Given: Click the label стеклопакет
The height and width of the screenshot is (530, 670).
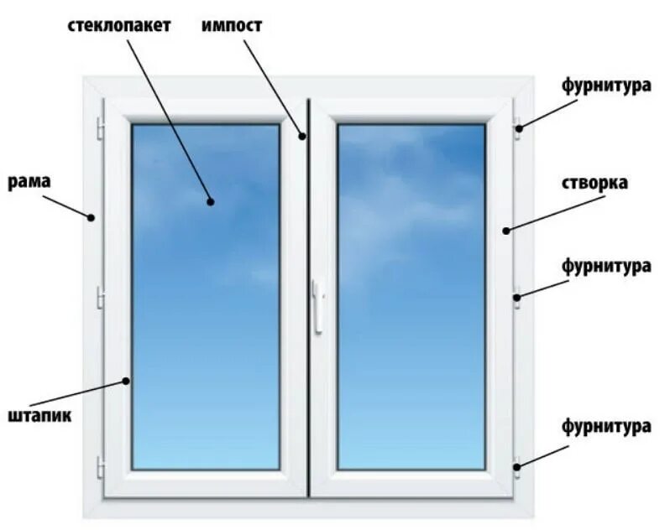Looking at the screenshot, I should coord(119,25).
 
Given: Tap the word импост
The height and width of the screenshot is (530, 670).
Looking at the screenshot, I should coord(232,25).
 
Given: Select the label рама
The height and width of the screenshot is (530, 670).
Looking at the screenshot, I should coord(29,181).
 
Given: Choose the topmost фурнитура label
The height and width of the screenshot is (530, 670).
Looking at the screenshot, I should coord(607,85).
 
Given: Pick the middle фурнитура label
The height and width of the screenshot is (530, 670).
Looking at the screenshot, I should coord(607,267).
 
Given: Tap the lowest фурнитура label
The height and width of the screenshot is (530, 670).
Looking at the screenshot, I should coord(607,426).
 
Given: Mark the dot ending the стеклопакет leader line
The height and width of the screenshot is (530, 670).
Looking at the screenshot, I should coord(210,201).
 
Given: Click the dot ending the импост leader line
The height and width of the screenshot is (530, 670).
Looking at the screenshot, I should coord(303,134).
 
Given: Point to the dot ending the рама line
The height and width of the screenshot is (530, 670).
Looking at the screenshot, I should coord(91,217).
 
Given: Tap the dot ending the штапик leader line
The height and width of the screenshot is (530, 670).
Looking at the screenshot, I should coord(127,381).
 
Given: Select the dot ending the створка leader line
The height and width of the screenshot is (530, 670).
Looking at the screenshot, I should coord(506,230).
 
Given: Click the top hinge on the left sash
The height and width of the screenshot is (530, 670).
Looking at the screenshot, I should coord(101,128).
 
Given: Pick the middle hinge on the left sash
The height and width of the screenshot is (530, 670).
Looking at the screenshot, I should coord(101,297).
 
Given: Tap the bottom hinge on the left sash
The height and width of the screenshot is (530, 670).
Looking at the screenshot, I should coord(101,466).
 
